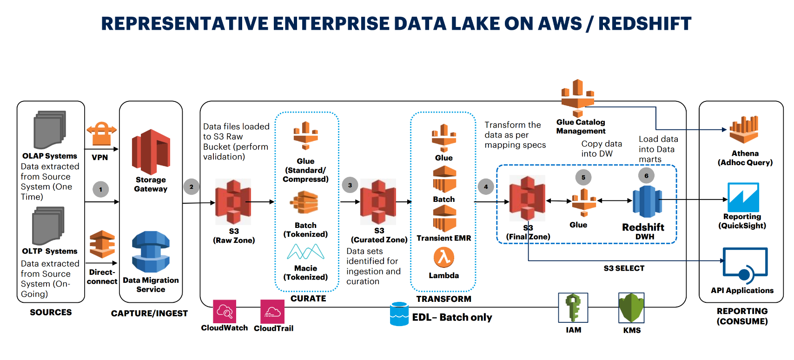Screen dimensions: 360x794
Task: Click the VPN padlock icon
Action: tap(101, 134)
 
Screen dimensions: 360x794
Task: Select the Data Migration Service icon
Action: tap(151, 252)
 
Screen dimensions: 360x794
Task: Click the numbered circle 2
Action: tap(191, 187)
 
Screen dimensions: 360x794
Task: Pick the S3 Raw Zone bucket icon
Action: tap(233, 202)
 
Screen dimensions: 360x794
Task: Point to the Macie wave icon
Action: tap(305, 252)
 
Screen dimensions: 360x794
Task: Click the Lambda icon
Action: tap(443, 257)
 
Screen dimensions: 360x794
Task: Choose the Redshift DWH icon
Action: tap(647, 201)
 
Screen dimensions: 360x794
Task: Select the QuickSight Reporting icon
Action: tap(743, 197)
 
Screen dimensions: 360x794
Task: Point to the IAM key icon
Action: tap(573, 308)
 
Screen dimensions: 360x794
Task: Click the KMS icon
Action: tap(631, 308)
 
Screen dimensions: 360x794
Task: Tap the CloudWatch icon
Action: tap(225, 312)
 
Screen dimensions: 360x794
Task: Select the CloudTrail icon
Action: tap(272, 312)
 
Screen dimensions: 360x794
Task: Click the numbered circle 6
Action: tap(646, 176)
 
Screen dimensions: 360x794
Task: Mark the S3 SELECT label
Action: tap(624, 268)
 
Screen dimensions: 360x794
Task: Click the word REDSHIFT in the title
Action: tap(645, 24)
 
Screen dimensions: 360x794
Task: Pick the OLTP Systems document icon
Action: tap(48, 226)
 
